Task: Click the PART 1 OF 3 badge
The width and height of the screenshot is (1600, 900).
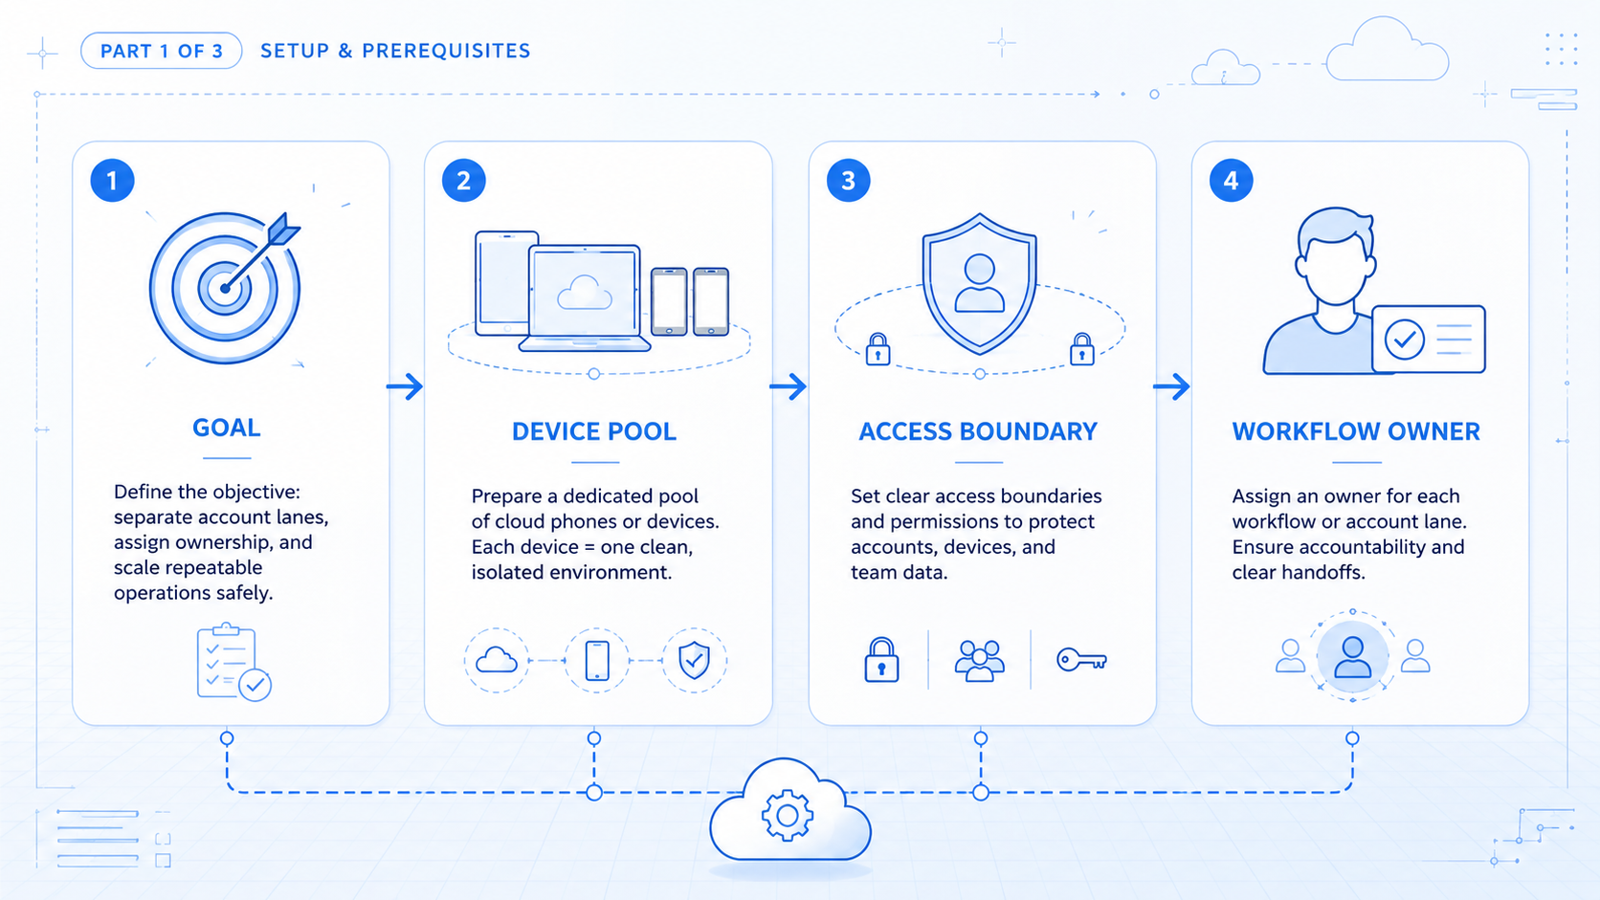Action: pyautogui.click(x=162, y=51)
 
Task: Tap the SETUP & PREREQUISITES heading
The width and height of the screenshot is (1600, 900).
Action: pyautogui.click(x=395, y=51)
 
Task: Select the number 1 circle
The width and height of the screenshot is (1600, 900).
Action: pyautogui.click(x=112, y=181)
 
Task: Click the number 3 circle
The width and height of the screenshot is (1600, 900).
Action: pyautogui.click(x=848, y=181)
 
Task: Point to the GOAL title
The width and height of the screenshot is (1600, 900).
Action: pyautogui.click(x=227, y=428)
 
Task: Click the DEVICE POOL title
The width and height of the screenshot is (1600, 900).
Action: pyautogui.click(x=594, y=431)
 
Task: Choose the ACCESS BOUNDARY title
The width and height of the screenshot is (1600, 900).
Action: pyautogui.click(x=978, y=431)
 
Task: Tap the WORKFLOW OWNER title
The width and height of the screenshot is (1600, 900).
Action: pyautogui.click(x=1356, y=431)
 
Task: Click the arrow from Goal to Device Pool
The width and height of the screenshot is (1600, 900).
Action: pyautogui.click(x=404, y=386)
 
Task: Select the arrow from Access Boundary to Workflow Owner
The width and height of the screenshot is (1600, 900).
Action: pyautogui.click(x=1171, y=386)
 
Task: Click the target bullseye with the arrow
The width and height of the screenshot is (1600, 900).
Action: pyautogui.click(x=225, y=288)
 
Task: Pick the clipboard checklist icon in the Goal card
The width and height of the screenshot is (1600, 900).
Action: pyautogui.click(x=233, y=662)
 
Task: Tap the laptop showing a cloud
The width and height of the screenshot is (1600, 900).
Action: pyautogui.click(x=585, y=298)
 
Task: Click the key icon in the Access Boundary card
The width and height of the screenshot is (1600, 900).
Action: pyautogui.click(x=1081, y=660)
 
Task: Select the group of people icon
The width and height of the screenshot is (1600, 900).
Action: pyautogui.click(x=979, y=661)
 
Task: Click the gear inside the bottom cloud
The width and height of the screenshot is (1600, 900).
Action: pyautogui.click(x=788, y=815)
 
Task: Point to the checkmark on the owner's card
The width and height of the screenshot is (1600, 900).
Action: pyautogui.click(x=1404, y=339)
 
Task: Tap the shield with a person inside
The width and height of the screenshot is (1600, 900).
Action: pyautogui.click(x=979, y=284)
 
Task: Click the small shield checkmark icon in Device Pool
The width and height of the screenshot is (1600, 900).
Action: pyautogui.click(x=695, y=660)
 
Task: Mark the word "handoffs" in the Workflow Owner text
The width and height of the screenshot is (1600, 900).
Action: pyautogui.click(x=1322, y=572)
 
